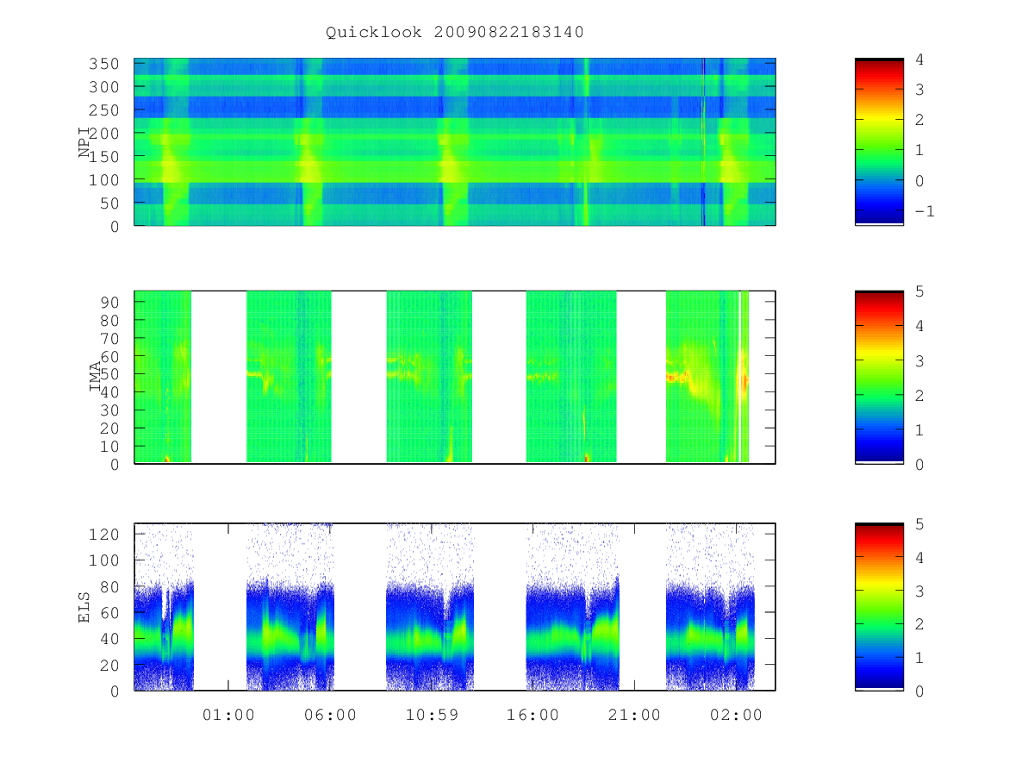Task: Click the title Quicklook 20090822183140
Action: [x=455, y=32]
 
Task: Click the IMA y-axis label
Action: [x=95, y=376]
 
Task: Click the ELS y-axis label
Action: [x=84, y=607]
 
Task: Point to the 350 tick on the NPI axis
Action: [x=103, y=64]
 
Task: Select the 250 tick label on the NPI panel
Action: [x=103, y=110]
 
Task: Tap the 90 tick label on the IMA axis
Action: [x=109, y=303]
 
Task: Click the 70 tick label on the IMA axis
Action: [x=109, y=338]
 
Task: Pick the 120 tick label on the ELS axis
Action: [x=103, y=535]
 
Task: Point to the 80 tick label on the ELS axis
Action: [x=109, y=586]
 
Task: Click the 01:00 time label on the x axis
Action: [x=228, y=715]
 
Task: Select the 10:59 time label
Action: [x=432, y=715]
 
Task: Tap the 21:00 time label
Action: [x=634, y=715]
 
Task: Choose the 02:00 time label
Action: [x=736, y=715]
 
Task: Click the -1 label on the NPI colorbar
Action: [x=925, y=211]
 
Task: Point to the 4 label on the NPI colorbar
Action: [x=919, y=59]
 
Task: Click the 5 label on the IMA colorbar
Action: [x=919, y=291]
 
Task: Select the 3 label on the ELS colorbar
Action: [x=919, y=591]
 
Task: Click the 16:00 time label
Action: [x=533, y=715]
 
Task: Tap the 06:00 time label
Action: [x=330, y=715]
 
